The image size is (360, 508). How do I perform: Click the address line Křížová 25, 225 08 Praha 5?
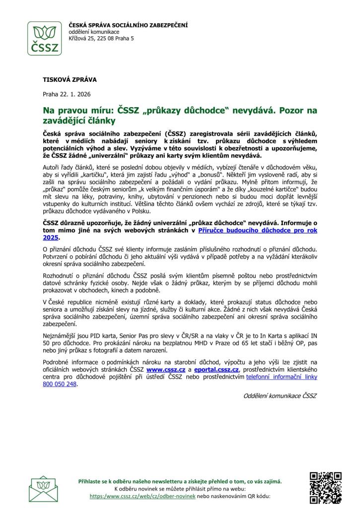click(x=101, y=38)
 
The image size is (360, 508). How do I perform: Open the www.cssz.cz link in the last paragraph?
click(x=166, y=370)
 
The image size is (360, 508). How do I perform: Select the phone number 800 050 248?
click(x=60, y=383)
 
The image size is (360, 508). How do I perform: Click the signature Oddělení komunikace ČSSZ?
click(x=280, y=395)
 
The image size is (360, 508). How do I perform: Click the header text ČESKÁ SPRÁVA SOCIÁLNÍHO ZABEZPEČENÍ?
click(x=128, y=25)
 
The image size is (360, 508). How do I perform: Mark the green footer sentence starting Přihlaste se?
click(x=180, y=481)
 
